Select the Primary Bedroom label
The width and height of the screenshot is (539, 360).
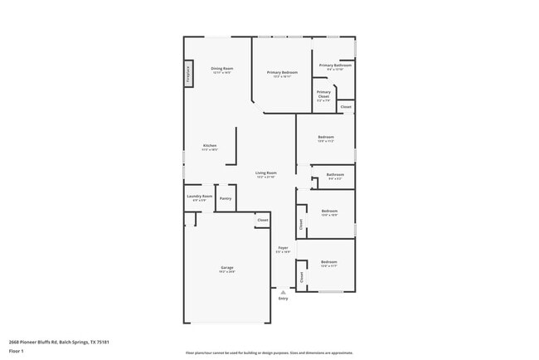282,73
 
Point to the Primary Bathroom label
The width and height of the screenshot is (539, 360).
335,65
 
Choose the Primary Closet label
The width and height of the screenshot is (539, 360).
323,94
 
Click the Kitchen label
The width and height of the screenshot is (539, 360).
210,146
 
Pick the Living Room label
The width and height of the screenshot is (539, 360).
265,174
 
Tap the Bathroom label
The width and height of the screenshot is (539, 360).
335,174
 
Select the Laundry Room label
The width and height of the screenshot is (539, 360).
201,197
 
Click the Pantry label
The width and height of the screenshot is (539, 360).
226,198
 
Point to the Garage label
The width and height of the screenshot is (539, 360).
226,268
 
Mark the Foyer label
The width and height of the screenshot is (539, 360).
283,247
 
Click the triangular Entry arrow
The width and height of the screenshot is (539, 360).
283,291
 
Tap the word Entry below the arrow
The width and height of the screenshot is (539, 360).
283,299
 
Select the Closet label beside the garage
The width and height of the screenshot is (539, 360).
262,220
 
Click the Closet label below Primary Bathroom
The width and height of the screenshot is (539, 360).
346,106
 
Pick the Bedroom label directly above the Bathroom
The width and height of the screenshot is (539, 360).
326,137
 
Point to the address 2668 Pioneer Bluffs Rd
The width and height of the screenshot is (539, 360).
59,341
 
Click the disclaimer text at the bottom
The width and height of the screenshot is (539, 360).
269,352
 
